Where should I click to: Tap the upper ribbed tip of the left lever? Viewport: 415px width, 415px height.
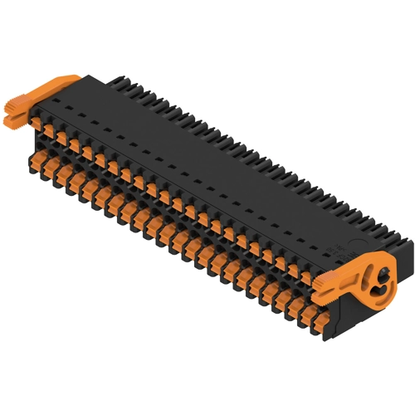click(x=15, y=107)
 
